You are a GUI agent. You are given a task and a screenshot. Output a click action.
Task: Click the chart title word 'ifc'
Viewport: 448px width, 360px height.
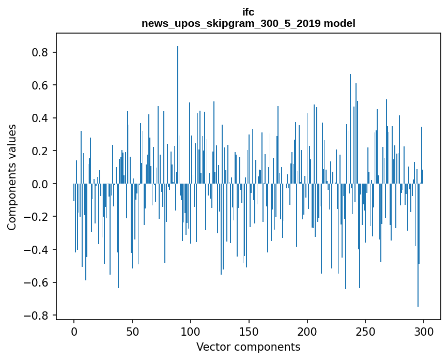248,12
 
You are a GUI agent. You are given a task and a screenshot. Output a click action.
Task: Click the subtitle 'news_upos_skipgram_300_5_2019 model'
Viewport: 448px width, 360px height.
248,23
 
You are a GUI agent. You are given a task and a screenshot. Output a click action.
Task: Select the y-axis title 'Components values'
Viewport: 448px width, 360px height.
12,177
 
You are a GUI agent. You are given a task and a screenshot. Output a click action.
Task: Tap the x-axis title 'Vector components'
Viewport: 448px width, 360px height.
248,347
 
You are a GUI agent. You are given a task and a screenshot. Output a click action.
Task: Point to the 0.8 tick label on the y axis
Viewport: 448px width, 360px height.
41,52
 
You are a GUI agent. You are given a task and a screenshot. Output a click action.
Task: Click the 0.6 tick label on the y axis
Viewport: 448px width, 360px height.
41,85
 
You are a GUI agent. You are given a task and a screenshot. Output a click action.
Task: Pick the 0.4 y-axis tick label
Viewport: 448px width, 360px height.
41,118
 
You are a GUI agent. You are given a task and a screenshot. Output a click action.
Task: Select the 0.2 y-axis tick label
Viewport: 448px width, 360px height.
41,151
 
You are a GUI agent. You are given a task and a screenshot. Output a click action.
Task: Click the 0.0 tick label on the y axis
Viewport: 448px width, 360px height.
41,184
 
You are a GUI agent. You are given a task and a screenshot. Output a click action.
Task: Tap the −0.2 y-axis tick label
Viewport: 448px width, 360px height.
38,217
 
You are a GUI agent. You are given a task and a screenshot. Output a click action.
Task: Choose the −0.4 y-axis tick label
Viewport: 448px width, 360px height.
38,250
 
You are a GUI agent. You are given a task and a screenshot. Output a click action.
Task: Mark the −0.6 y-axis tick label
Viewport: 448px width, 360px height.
38,282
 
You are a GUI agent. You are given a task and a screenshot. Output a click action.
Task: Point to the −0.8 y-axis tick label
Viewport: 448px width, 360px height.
38,316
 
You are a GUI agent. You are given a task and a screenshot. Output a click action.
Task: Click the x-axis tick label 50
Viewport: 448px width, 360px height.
132,331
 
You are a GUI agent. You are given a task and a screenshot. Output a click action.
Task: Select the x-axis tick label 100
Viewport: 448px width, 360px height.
191,331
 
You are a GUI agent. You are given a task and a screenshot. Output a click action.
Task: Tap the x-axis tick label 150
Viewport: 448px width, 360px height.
249,331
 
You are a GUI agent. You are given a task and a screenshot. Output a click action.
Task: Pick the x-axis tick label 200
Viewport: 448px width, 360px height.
307,331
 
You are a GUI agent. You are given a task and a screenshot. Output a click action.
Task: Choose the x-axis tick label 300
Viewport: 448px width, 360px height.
424,331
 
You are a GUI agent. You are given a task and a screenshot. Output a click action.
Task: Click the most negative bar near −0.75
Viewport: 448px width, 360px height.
418,248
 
